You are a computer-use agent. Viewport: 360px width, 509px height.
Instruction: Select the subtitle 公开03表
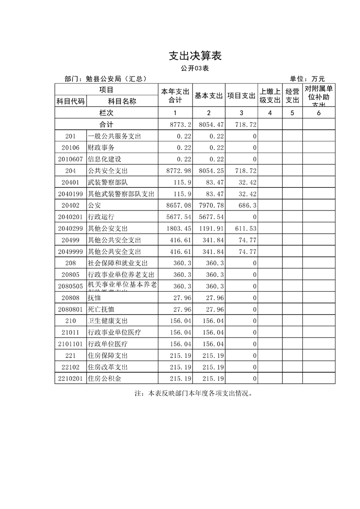[x=194, y=69]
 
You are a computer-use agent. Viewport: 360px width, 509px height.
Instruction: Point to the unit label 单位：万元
[x=307, y=78]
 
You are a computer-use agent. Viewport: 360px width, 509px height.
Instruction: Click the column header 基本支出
[x=209, y=96]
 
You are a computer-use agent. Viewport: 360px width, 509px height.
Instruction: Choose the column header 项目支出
[x=242, y=96]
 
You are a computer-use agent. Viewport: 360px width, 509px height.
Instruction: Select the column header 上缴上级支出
[x=270, y=96]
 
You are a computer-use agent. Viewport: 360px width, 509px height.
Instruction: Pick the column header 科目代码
[x=70, y=102]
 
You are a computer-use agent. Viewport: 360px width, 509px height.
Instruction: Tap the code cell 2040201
[x=70, y=217]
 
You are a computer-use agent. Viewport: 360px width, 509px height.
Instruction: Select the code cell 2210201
[x=70, y=378]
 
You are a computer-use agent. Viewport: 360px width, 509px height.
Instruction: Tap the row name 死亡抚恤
[x=101, y=309]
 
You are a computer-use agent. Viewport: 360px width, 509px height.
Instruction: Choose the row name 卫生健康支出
[x=108, y=321]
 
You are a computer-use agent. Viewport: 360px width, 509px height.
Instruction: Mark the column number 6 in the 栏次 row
[x=319, y=113]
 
